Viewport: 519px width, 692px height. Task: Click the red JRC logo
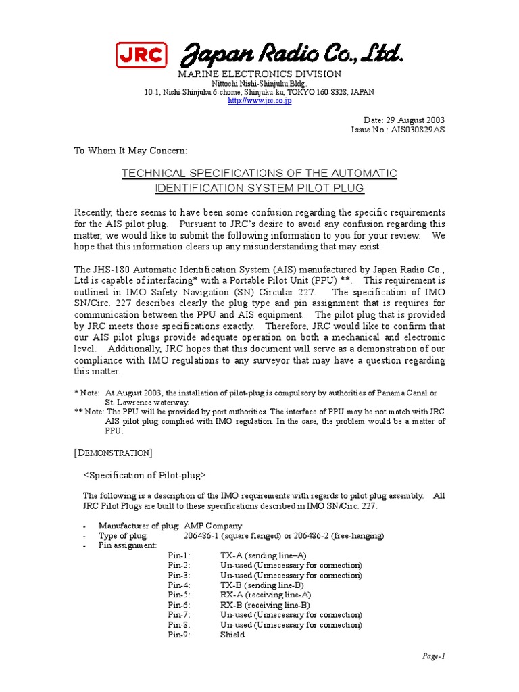[x=141, y=55]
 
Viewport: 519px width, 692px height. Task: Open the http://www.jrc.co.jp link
[x=259, y=101]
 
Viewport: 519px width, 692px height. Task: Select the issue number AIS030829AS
[x=417, y=129]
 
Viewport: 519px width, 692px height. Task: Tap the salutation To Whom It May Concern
[x=130, y=151]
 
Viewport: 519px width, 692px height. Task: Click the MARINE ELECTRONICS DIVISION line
[x=259, y=74]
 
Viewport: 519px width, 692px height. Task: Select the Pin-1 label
[x=180, y=555]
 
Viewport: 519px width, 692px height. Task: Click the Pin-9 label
[x=180, y=635]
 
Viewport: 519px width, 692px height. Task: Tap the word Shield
[x=232, y=635]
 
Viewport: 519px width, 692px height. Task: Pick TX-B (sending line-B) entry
[x=262, y=585]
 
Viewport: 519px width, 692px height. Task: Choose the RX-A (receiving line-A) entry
[x=266, y=595]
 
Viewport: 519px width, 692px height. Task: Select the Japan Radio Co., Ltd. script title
[x=293, y=55]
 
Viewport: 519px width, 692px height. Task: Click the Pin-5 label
[x=180, y=595]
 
